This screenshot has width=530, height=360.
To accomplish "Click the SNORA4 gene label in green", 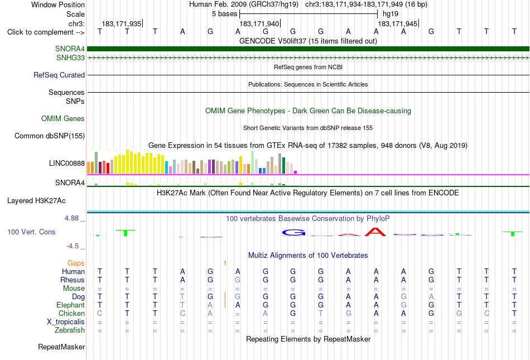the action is tap(70, 49).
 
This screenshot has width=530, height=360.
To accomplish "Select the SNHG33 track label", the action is tap(70, 58).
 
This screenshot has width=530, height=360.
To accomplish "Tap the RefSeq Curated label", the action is tap(59, 75).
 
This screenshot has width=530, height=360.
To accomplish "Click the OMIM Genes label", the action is tap(63, 119).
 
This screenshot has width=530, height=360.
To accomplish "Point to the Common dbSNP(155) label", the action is tap(50, 136).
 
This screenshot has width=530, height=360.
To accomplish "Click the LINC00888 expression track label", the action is tap(67, 164).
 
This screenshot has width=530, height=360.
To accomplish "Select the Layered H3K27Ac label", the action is tap(36, 201).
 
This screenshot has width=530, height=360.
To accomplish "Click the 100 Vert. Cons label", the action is tap(31, 232).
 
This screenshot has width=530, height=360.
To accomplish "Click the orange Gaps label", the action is tap(76, 263).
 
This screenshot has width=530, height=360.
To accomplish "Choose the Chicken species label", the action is tap(71, 313).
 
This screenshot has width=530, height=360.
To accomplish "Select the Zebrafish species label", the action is tap(70, 330).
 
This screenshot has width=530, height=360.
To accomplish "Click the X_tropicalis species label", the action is tap(66, 322).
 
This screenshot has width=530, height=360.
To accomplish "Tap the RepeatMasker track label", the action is tap(61, 347).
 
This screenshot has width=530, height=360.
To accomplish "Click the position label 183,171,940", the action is tap(259, 23).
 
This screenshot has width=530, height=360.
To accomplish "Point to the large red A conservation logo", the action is tap(375, 232).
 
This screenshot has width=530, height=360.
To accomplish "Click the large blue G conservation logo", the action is tap(293, 233).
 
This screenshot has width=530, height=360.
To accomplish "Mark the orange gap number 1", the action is tap(225, 263).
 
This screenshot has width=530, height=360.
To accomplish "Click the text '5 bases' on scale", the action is tap(224, 14).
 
